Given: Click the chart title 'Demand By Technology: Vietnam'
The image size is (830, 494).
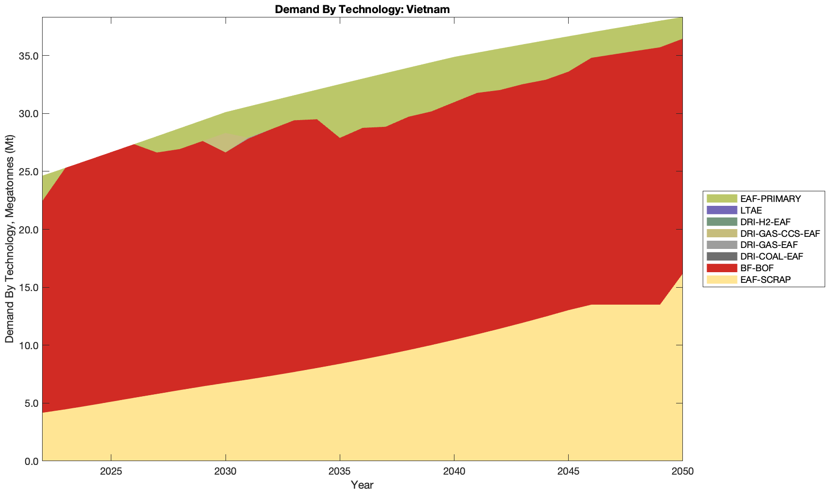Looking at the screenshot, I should click(362, 9).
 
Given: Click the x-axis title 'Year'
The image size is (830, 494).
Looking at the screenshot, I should click(362, 485).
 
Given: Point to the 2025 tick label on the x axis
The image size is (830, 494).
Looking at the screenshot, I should click(111, 472).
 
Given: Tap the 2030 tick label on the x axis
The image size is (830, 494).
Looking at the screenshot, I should click(226, 472).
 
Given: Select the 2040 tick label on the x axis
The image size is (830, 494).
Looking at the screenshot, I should click(454, 472).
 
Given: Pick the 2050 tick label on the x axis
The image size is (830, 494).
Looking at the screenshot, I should click(682, 472).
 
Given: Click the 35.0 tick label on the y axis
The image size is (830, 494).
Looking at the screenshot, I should click(29, 56).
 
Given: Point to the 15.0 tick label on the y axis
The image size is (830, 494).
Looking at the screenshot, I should click(29, 287).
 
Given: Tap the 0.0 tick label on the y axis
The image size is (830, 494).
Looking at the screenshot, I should click(31, 461).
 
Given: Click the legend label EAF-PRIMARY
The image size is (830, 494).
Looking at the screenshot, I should click(770, 199).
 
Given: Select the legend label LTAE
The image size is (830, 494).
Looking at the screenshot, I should click(751, 210).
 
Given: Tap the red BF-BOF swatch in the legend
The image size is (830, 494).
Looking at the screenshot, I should click(721, 268).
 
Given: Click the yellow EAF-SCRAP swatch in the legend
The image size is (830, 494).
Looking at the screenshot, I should click(721, 279).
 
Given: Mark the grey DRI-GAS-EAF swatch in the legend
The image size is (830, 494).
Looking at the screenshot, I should click(721, 245).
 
